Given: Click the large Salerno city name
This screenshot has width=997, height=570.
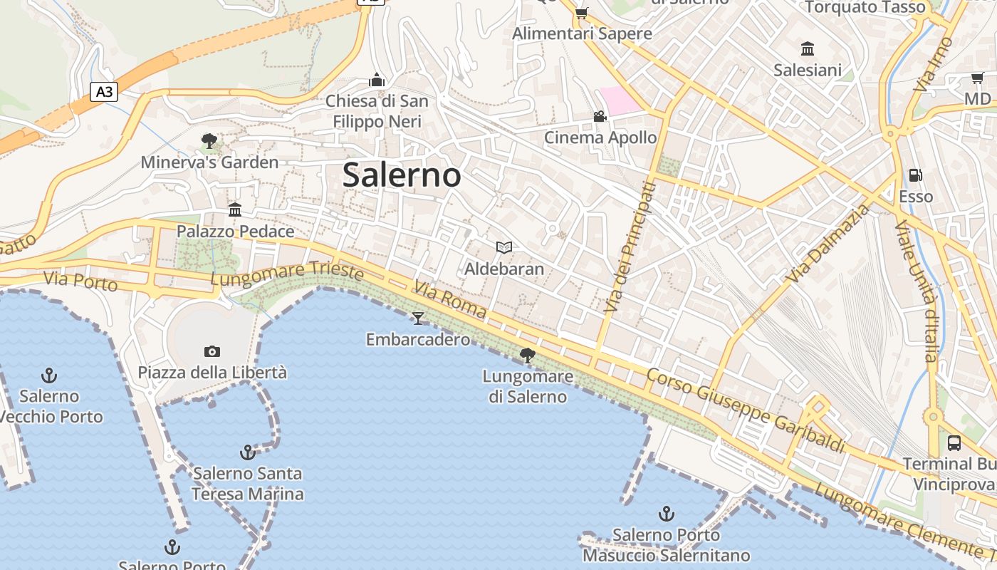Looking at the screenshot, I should tap(402, 175).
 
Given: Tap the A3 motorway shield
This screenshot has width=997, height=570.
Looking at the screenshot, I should tap(104, 91).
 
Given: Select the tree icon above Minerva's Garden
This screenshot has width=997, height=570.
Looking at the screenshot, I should tap(209, 141).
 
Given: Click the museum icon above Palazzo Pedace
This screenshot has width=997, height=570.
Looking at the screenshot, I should tap(235, 209).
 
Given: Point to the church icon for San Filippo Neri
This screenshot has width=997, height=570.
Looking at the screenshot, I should tap(377, 80).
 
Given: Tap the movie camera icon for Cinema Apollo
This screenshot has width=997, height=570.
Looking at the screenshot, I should tap(600, 116).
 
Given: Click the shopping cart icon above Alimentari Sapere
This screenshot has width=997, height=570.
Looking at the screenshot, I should tap(582, 13).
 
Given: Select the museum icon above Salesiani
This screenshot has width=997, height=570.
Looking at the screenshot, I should tap(808, 48).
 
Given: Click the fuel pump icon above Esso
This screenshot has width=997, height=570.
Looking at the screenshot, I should tap(915, 175).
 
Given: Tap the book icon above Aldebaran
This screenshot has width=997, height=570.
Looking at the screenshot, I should tap(504, 247).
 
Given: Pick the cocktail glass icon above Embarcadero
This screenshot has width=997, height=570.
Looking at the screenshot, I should tap(418, 318).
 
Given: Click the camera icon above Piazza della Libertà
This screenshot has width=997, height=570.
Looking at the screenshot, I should tap(212, 351).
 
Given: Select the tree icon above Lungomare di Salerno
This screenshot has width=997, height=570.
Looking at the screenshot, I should tap(528, 355).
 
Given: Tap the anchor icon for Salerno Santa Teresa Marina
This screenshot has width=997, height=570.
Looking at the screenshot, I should tap(247, 452).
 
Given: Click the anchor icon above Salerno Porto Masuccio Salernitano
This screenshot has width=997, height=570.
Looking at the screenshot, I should tap(666, 513).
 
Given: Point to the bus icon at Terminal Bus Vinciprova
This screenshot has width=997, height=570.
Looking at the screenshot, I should tap(954, 442).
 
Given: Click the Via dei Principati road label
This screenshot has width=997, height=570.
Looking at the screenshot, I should tap(629, 247).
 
